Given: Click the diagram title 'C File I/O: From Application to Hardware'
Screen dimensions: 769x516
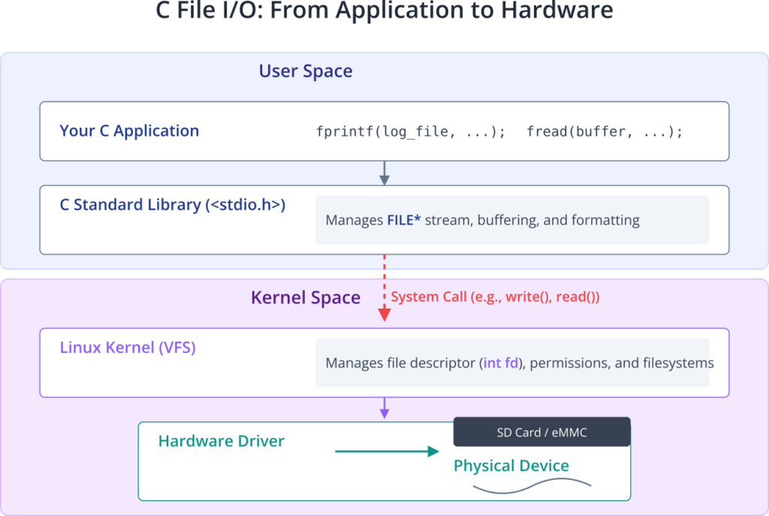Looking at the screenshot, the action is pyautogui.click(x=384, y=10).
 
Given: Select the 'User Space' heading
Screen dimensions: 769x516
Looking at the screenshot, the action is pyautogui.click(x=306, y=71).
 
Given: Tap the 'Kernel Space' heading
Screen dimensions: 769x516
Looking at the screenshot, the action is pyautogui.click(x=306, y=297).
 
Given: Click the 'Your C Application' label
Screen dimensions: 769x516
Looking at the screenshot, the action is pyautogui.click(x=129, y=131).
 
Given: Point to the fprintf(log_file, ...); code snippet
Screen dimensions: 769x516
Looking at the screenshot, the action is pyautogui.click(x=411, y=131).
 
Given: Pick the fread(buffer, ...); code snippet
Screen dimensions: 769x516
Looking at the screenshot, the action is pyautogui.click(x=605, y=131).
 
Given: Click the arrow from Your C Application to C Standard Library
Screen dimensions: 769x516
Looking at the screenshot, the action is pyautogui.click(x=384, y=174).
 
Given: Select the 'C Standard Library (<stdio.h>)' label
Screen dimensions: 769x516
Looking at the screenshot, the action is pyautogui.click(x=173, y=204).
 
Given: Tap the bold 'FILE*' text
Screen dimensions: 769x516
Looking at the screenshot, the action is pyautogui.click(x=403, y=220).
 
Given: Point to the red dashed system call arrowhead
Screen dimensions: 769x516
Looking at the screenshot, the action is pyautogui.click(x=384, y=315).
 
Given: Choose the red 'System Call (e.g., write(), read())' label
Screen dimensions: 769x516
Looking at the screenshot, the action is pyautogui.click(x=495, y=297).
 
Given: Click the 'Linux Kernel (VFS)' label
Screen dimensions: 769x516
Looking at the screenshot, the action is pyautogui.click(x=128, y=347).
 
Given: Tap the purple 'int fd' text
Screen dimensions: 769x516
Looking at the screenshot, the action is pyautogui.click(x=501, y=363).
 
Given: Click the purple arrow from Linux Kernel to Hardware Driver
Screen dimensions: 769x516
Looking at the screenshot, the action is pyautogui.click(x=384, y=408).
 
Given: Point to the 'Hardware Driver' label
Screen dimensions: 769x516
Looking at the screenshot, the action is pyautogui.click(x=222, y=441).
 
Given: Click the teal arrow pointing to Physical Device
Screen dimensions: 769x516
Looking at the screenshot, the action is pyautogui.click(x=387, y=451).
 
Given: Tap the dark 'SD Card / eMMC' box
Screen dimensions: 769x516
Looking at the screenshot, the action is pyautogui.click(x=542, y=432).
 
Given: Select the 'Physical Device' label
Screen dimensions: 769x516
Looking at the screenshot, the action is pyautogui.click(x=511, y=466).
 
